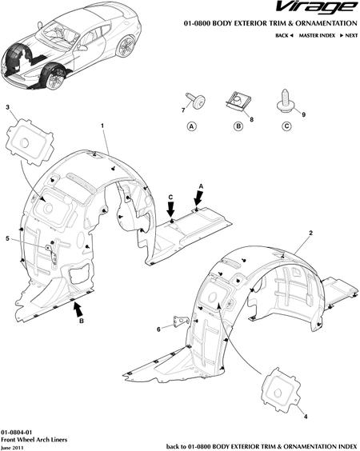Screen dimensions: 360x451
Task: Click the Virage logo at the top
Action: click(x=316, y=8)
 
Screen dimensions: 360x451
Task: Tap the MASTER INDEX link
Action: click(x=317, y=35)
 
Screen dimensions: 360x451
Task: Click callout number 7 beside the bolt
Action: click(x=183, y=110)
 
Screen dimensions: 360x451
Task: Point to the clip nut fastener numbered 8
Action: click(x=236, y=102)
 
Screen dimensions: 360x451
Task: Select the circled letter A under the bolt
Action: click(x=192, y=126)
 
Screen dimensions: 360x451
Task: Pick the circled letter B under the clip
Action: click(x=238, y=126)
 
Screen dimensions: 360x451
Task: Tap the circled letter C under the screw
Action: click(x=286, y=126)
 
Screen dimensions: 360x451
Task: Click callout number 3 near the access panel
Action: click(x=7, y=107)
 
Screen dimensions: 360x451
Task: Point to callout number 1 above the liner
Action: click(x=102, y=126)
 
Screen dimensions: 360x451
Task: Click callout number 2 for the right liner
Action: click(x=310, y=233)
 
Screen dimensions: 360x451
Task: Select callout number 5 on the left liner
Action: click(x=7, y=238)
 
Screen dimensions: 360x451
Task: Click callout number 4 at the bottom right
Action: click(x=306, y=416)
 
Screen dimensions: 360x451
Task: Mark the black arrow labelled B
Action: click(x=78, y=309)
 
